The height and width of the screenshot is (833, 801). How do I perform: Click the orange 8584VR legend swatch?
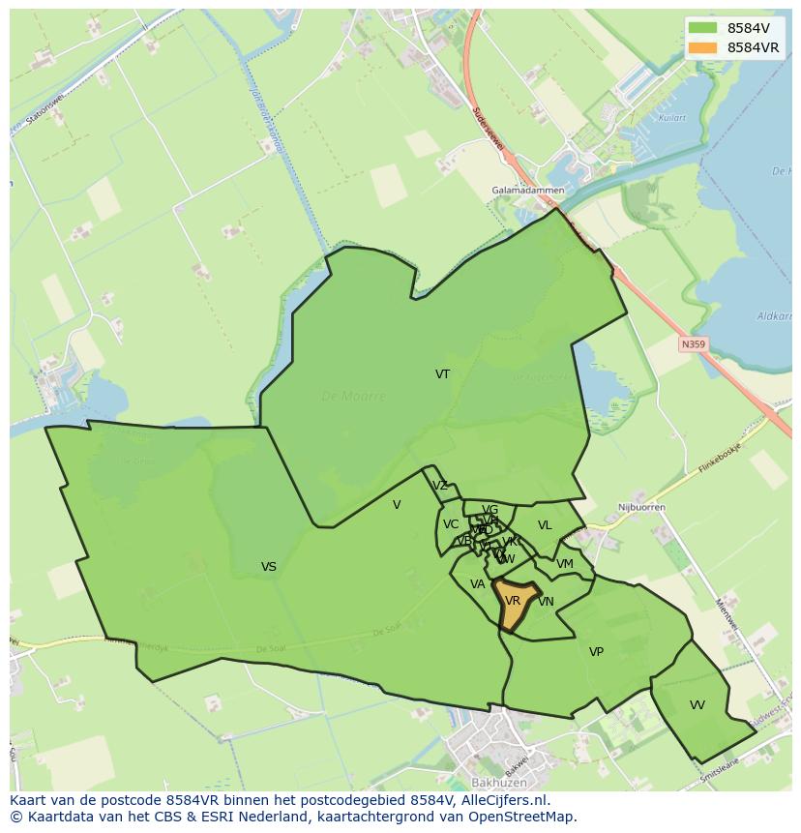(703, 47)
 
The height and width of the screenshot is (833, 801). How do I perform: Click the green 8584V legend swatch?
(703, 28)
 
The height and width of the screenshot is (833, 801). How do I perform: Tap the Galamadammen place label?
(527, 191)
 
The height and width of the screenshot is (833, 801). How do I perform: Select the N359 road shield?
(693, 343)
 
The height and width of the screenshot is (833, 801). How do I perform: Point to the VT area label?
(442, 373)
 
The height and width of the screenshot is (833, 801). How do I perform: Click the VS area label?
(269, 567)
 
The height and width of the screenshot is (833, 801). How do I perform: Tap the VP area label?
(596, 652)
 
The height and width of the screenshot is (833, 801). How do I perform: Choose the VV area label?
(697, 705)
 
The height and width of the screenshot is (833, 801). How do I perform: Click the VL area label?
(545, 525)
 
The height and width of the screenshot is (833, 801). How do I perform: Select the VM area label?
(565, 564)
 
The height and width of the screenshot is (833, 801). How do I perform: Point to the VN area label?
(547, 602)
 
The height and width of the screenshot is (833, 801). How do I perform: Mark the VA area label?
(477, 584)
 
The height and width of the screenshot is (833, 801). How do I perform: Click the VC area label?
(451, 524)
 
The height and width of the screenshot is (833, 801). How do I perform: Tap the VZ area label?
(440, 486)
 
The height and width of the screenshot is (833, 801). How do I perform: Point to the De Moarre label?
(353, 397)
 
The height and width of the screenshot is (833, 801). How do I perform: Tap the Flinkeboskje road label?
(723, 460)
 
